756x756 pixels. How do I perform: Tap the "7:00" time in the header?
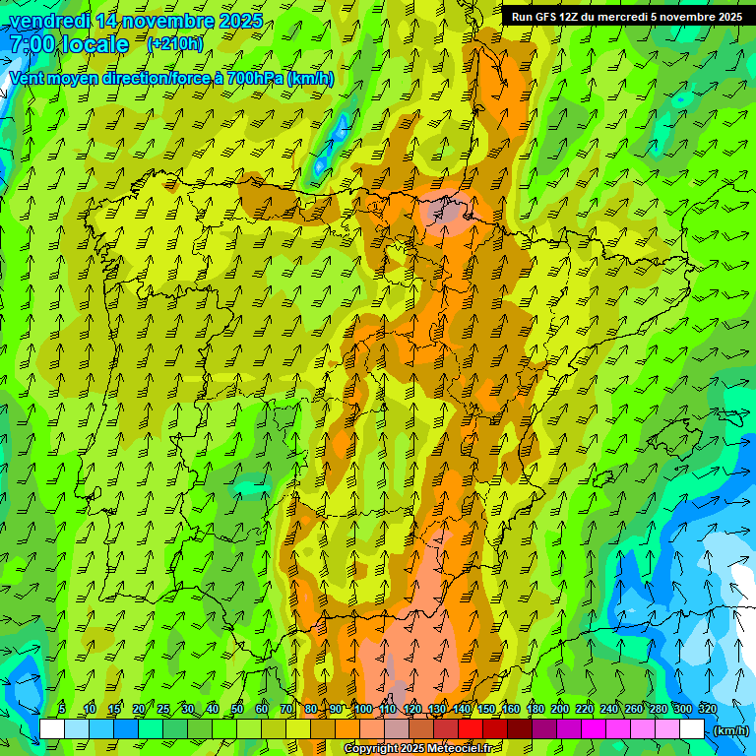pos(32,44)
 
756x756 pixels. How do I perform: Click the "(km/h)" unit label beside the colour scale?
pos(730,729)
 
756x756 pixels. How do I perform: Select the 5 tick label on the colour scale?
pos(62,709)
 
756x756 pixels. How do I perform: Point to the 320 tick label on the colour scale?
pos(707,709)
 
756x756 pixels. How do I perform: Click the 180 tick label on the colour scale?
pos(535,709)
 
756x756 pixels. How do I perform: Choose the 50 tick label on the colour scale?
pos(237,709)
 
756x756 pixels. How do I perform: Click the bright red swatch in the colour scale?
pos(471,729)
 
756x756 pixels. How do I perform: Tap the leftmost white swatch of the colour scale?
pos(52,729)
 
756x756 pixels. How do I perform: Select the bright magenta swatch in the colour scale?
pos(594,729)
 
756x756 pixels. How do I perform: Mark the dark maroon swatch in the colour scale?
pos(520,729)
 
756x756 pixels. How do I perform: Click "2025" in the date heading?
pos(235,21)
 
